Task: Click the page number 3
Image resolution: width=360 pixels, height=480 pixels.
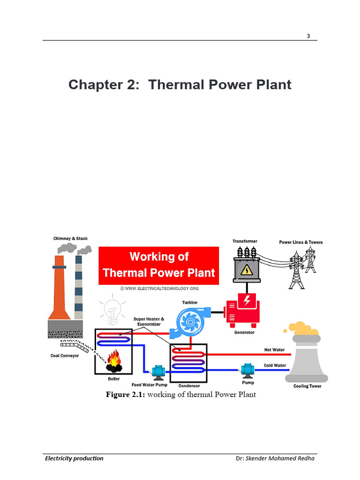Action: (308, 36)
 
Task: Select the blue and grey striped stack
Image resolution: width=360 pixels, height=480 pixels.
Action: (79, 287)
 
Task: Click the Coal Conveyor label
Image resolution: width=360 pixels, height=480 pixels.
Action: (65, 356)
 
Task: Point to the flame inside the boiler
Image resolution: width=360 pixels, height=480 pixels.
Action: (114, 359)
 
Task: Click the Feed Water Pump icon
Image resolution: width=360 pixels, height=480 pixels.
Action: (158, 372)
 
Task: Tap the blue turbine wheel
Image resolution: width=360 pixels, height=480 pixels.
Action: (190, 322)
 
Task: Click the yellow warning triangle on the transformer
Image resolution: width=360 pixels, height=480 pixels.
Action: (247, 270)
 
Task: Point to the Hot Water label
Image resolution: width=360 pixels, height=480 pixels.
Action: (275, 350)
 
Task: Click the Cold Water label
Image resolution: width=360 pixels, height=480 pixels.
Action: (275, 365)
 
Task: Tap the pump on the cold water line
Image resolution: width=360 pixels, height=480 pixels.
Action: (247, 370)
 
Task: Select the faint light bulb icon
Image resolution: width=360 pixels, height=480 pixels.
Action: (112, 309)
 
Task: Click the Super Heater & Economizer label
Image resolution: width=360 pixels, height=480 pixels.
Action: (149, 322)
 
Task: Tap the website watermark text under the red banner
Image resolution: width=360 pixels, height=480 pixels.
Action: (159, 288)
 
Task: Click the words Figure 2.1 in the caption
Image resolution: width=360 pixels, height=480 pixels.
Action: (126, 394)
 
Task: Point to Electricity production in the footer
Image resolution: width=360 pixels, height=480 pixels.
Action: (74, 458)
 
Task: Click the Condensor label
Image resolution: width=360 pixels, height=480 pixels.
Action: (189, 386)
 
